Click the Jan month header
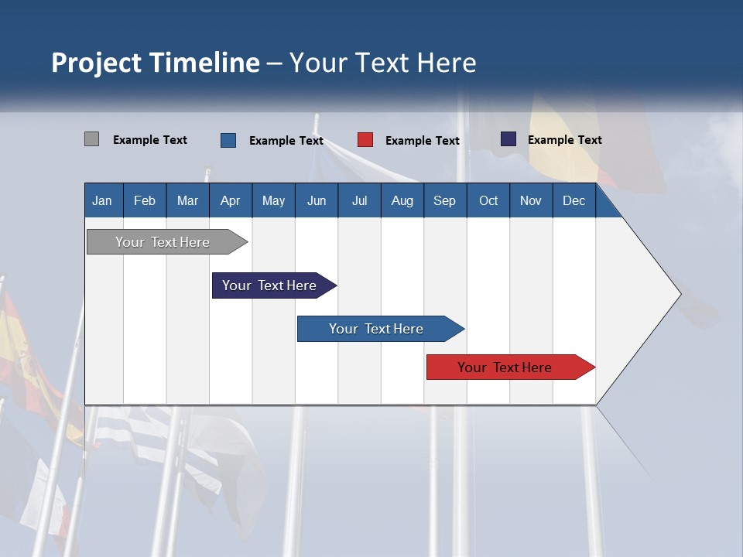point(102,200)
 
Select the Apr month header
point(230,200)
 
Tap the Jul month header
point(359,200)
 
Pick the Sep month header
point(444,200)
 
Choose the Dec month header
point(574,200)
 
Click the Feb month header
point(145,200)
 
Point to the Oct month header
point(488,200)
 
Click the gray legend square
point(91,139)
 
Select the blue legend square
point(228,140)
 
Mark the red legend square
point(365,140)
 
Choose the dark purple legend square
point(508,139)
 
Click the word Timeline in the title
point(204,63)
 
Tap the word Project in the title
point(96,63)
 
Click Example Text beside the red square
point(422,141)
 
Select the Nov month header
point(530,200)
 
